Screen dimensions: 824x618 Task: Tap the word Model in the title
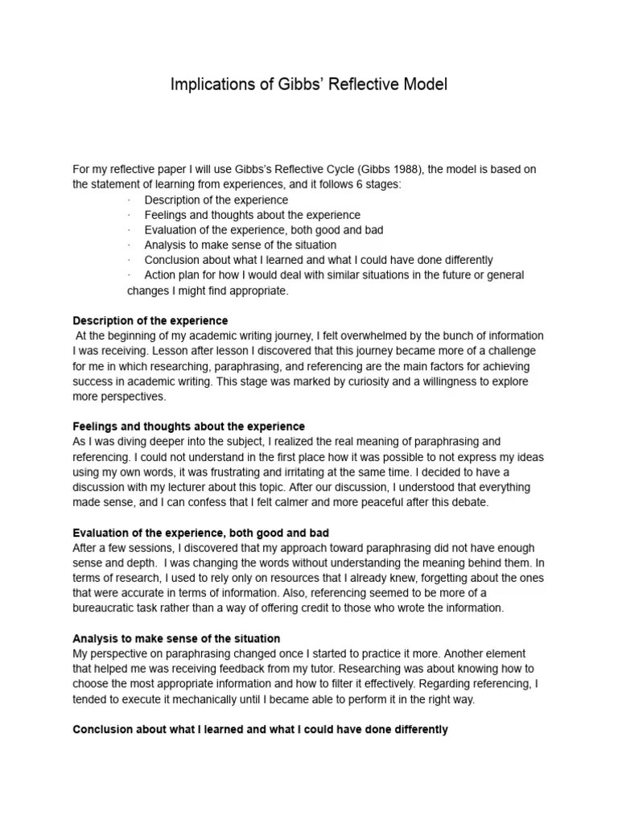click(x=424, y=84)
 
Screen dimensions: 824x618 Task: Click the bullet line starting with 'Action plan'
click(x=334, y=275)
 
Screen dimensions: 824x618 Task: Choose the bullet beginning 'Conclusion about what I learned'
click(x=319, y=260)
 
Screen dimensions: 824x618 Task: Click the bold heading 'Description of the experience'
click(x=150, y=320)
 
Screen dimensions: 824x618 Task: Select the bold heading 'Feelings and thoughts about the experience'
click(x=189, y=426)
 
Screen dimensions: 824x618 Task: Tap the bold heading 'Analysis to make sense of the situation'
click(x=176, y=639)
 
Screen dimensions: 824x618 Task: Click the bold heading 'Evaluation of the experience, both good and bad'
click(x=200, y=533)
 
